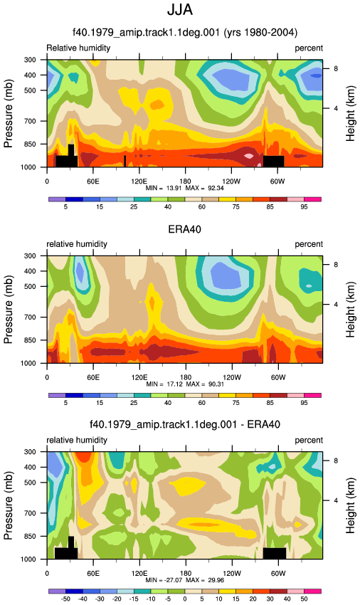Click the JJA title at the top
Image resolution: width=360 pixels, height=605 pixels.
(180, 10)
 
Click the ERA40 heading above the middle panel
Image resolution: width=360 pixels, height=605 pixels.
(184, 229)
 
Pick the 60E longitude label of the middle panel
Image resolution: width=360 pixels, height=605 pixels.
(93, 377)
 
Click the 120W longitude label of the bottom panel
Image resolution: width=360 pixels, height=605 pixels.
(231, 573)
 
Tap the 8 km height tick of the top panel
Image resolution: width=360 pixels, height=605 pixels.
(336, 68)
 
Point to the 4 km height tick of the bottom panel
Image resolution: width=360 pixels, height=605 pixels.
(336, 500)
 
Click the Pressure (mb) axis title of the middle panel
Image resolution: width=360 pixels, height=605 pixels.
(9, 310)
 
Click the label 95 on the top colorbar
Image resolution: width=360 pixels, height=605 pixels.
(304, 207)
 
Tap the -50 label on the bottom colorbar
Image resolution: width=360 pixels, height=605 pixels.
(65, 599)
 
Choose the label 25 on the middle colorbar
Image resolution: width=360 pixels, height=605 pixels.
(134, 403)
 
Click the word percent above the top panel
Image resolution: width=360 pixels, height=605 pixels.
(309, 48)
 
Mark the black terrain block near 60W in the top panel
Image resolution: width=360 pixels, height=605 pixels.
(274, 161)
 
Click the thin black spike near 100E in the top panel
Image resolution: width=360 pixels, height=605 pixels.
(125, 161)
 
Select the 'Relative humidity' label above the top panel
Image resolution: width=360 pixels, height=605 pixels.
(78, 48)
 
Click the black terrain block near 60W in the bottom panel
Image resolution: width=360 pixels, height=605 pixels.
(275, 553)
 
